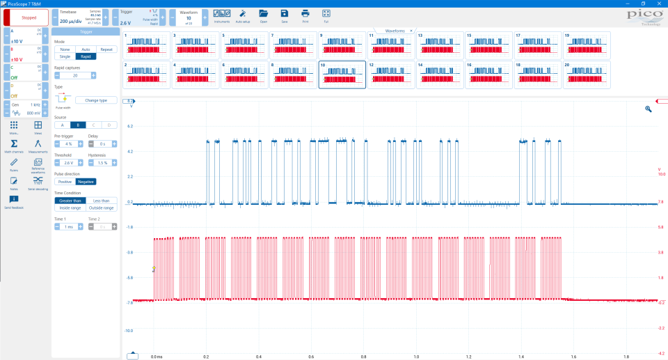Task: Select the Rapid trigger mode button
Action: [86, 56]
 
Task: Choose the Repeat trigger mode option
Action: [106, 49]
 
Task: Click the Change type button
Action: [96, 100]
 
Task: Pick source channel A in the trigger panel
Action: [63, 125]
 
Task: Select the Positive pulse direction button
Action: [65, 182]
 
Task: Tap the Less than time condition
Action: [102, 201]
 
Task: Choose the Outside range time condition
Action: [102, 208]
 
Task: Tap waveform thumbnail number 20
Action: [587, 75]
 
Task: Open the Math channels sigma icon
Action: [14, 144]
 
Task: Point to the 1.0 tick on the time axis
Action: [416, 356]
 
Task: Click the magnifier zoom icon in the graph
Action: [648, 109]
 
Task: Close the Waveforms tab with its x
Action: [411, 31]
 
